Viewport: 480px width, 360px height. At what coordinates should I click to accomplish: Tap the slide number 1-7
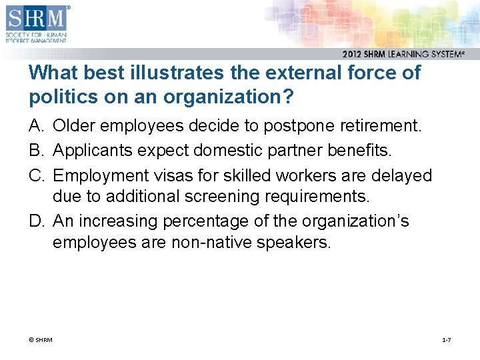[446, 341]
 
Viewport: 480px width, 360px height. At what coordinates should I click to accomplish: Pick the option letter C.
[35, 176]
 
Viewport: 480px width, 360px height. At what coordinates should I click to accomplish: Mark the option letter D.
[35, 221]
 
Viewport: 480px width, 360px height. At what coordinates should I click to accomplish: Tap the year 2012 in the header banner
[354, 54]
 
